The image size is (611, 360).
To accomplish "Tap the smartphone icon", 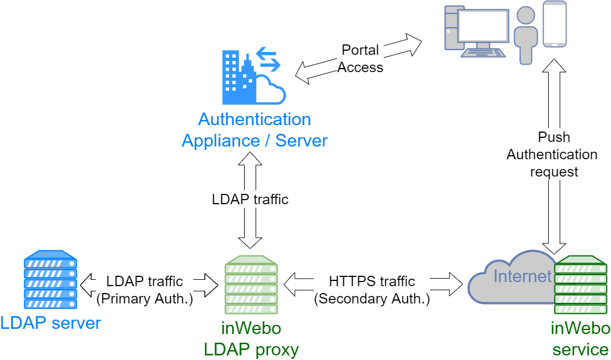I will pyautogui.click(x=554, y=24).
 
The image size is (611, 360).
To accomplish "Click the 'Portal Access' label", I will pyautogui.click(x=360, y=59).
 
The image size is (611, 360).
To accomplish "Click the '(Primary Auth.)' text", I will pyautogui.click(x=145, y=299).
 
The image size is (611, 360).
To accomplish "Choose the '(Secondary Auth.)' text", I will pyautogui.click(x=372, y=299).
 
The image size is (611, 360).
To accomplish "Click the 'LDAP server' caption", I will pyautogui.click(x=51, y=323).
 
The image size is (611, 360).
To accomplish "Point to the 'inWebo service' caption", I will pyautogui.click(x=580, y=339).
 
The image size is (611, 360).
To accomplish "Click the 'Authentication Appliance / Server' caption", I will pyautogui.click(x=254, y=130).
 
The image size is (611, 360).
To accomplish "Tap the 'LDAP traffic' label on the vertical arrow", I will pyautogui.click(x=250, y=200).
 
